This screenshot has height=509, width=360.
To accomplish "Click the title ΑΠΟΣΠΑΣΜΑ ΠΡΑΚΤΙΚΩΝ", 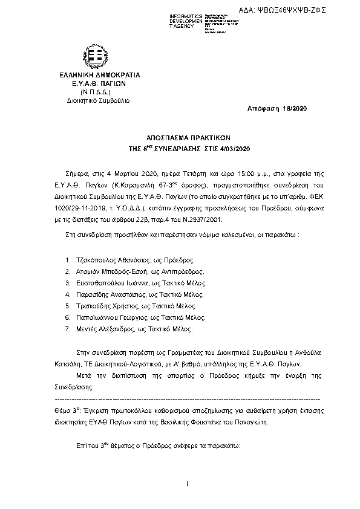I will point(181,137).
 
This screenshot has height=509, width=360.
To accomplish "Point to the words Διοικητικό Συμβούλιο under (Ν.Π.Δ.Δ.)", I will point(90,99).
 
